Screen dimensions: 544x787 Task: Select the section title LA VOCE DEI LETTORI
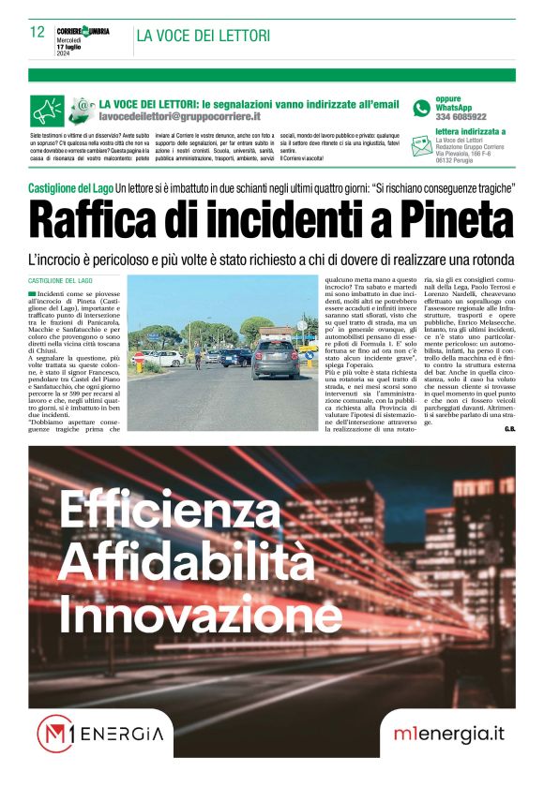pyautogui.click(x=204, y=36)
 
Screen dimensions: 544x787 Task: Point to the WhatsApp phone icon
pyautogui.click(x=421, y=108)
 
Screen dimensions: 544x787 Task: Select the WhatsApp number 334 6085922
pyautogui.click(x=461, y=117)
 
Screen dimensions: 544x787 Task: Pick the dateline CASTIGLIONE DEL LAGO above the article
pyautogui.click(x=60, y=281)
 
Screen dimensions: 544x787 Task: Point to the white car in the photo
pyautogui.click(x=166, y=358)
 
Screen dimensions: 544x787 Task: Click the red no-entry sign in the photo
pyautogui.click(x=140, y=357)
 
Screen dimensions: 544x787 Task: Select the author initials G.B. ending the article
pyautogui.click(x=509, y=429)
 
